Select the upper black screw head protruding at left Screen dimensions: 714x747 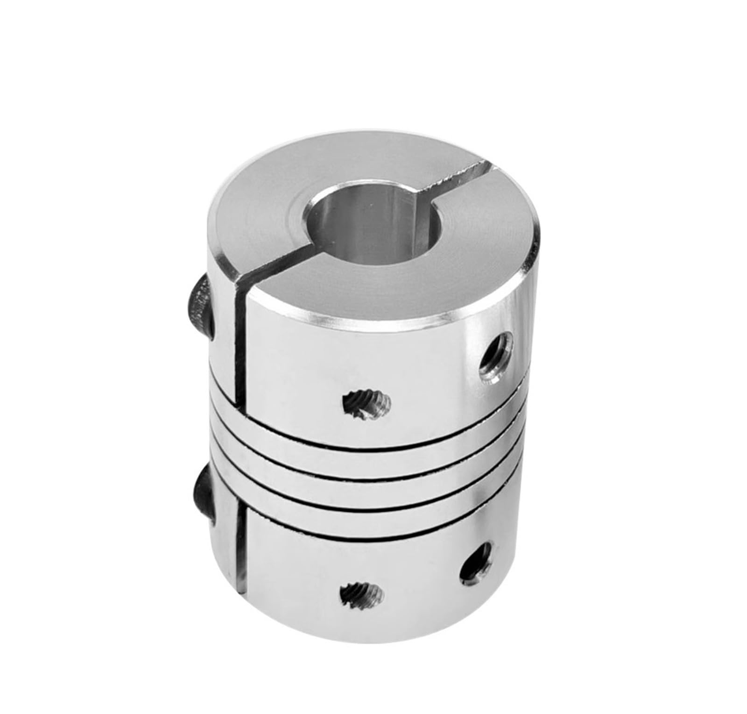(x=201, y=309)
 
